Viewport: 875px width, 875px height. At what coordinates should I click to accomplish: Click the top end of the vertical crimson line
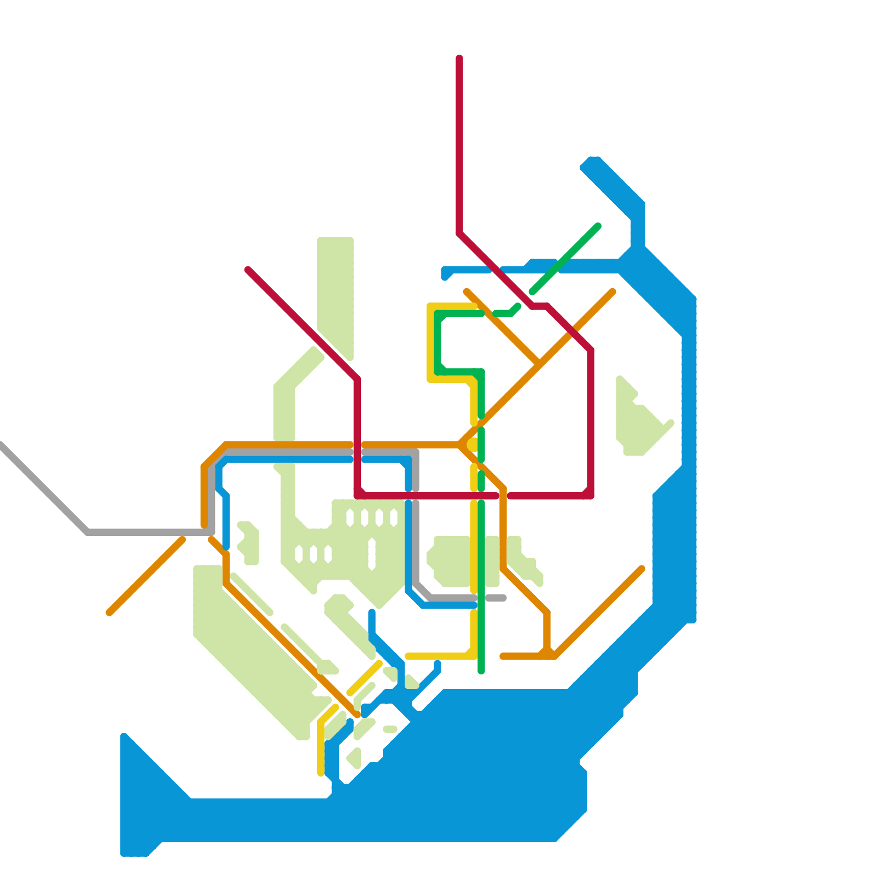click(459, 58)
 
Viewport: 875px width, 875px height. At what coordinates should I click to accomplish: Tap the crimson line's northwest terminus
click(248, 270)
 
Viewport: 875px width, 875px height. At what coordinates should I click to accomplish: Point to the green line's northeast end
click(598, 226)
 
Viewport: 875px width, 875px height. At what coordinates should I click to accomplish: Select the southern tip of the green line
click(481, 671)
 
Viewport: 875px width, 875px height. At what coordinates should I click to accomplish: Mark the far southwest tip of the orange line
click(109, 613)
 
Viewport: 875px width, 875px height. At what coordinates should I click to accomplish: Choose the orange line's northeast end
click(613, 292)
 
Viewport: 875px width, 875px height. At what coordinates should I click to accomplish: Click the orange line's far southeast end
click(642, 569)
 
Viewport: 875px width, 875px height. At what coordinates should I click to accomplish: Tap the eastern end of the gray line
click(503, 598)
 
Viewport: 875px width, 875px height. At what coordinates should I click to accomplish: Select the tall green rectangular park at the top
click(335, 290)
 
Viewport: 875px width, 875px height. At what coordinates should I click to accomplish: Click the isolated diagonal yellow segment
click(364, 679)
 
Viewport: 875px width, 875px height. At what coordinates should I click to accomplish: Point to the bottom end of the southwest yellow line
click(321, 773)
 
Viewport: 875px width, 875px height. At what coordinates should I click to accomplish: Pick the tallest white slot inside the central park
click(372, 554)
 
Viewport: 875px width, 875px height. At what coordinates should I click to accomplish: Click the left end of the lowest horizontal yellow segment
click(408, 656)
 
